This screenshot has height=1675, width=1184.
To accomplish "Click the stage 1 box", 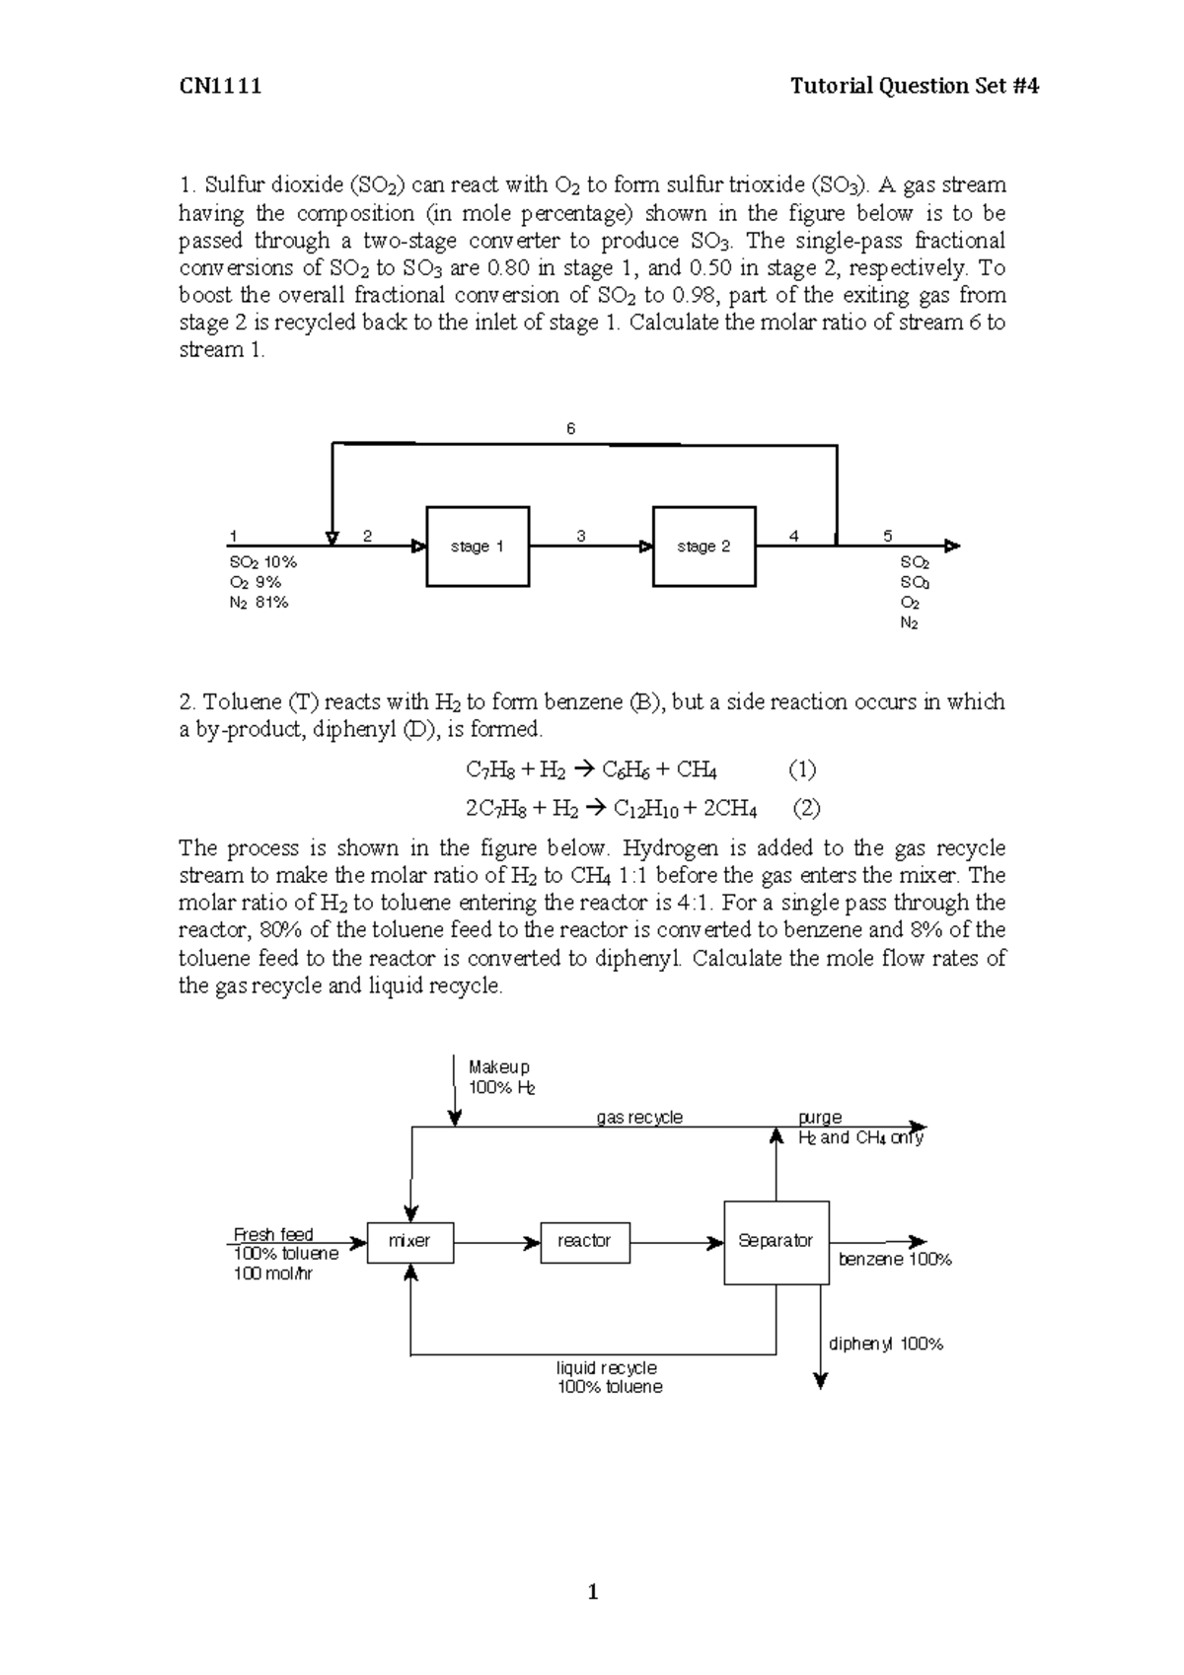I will [x=478, y=546].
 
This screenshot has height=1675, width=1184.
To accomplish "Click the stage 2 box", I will [x=704, y=546].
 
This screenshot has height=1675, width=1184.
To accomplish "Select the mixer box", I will [x=409, y=1241].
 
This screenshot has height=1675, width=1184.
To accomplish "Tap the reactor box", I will [x=584, y=1241].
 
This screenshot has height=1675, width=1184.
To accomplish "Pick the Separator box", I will [x=776, y=1241].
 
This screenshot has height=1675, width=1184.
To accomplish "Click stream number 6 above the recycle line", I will [x=570, y=429].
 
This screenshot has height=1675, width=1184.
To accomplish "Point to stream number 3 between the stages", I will [x=581, y=536].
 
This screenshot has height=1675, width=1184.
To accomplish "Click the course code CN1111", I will [x=220, y=86].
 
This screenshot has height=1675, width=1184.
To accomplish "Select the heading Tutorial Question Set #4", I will [x=915, y=86].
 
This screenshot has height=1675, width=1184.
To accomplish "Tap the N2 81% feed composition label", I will [x=259, y=602].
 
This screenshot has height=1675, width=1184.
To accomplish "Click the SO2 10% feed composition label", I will [x=262, y=561].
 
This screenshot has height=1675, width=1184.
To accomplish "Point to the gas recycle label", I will [x=639, y=1118].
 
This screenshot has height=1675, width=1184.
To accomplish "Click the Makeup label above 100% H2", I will [x=499, y=1067].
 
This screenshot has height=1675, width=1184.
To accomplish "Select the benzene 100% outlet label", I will [x=895, y=1260].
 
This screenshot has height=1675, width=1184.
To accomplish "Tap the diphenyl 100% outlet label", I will [x=886, y=1344].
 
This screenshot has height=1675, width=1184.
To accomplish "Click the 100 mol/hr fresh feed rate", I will [x=273, y=1274].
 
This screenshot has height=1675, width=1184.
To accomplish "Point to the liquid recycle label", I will [x=607, y=1368].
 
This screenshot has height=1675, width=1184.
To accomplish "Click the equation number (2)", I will [x=807, y=809].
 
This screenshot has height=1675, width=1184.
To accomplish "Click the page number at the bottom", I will [x=592, y=1591].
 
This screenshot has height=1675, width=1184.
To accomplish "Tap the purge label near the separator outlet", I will [x=820, y=1118].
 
